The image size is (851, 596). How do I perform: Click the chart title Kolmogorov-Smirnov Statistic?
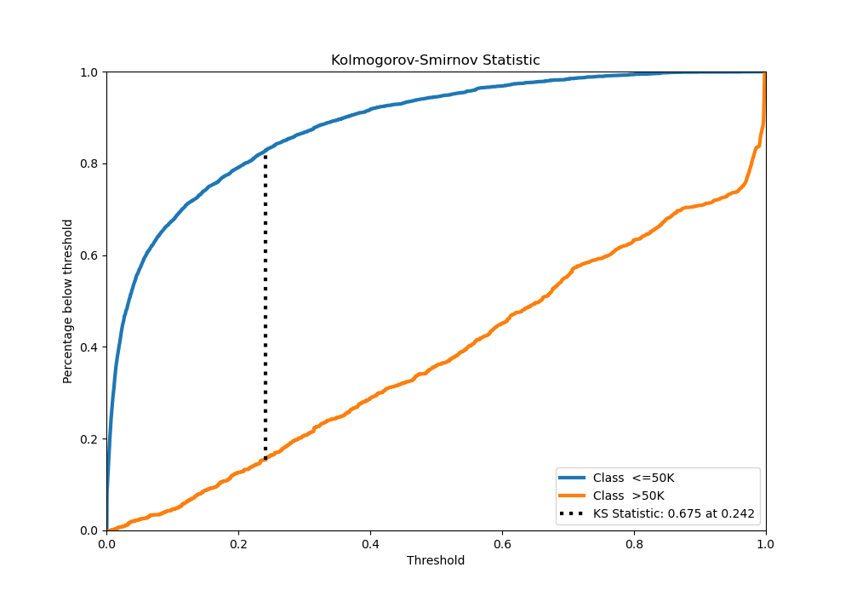point(435,60)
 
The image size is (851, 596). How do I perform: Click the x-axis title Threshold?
point(435,561)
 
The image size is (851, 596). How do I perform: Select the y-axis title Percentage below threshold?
point(68,301)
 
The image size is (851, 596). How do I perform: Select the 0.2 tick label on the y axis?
point(89,439)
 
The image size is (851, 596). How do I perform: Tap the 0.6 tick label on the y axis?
point(89,255)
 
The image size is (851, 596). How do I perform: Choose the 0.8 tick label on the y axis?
point(89,163)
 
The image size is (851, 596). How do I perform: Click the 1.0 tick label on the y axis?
point(89,72)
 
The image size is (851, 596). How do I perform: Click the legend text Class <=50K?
point(633,478)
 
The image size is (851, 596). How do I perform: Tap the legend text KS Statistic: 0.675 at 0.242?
point(673,513)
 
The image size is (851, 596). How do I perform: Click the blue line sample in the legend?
point(574,478)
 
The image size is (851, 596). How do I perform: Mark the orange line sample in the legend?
point(574,496)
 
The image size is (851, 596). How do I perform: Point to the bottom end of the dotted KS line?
point(266,460)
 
